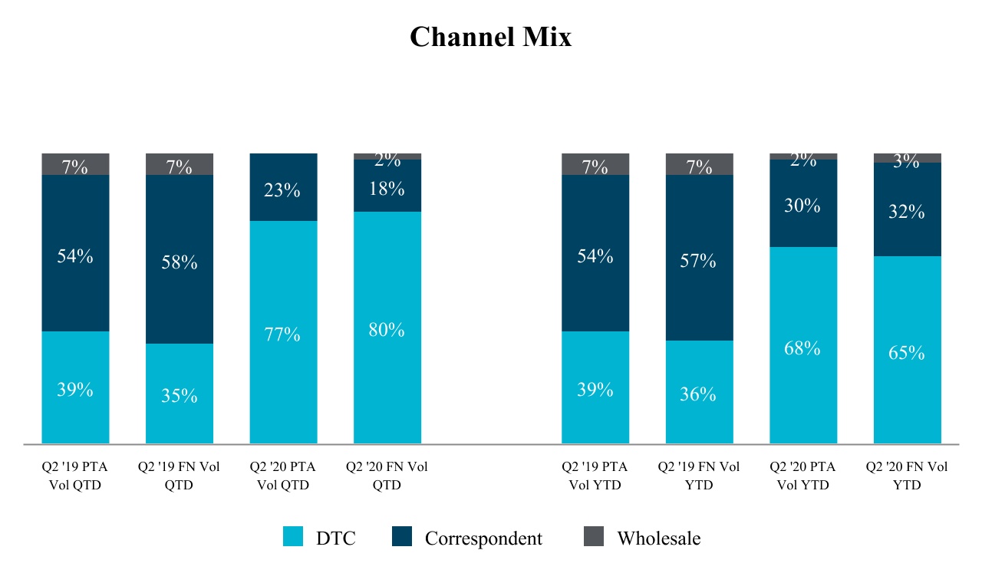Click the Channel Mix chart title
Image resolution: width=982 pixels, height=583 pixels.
[490, 37]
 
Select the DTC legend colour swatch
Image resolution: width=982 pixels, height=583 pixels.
[293, 537]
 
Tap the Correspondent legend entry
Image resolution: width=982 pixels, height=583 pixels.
[483, 539]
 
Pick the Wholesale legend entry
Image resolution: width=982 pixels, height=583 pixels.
[658, 539]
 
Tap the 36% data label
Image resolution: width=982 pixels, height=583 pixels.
[698, 394]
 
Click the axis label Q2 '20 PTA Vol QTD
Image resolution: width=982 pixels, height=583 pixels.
[283, 476]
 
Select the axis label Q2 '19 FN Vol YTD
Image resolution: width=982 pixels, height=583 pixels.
[699, 476]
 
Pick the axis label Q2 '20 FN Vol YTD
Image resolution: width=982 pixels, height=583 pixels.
[907, 476]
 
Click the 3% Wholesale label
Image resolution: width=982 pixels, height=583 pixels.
[906, 160]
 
